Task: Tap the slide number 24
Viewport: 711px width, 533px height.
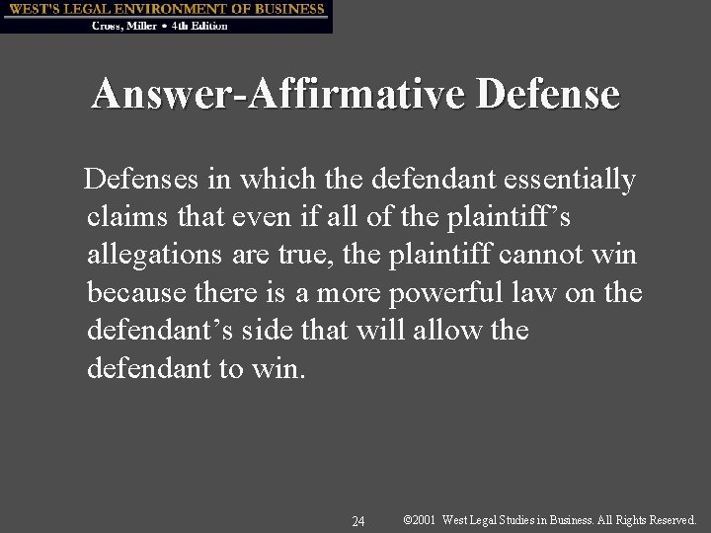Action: click(358, 520)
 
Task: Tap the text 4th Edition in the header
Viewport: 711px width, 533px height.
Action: click(199, 26)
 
